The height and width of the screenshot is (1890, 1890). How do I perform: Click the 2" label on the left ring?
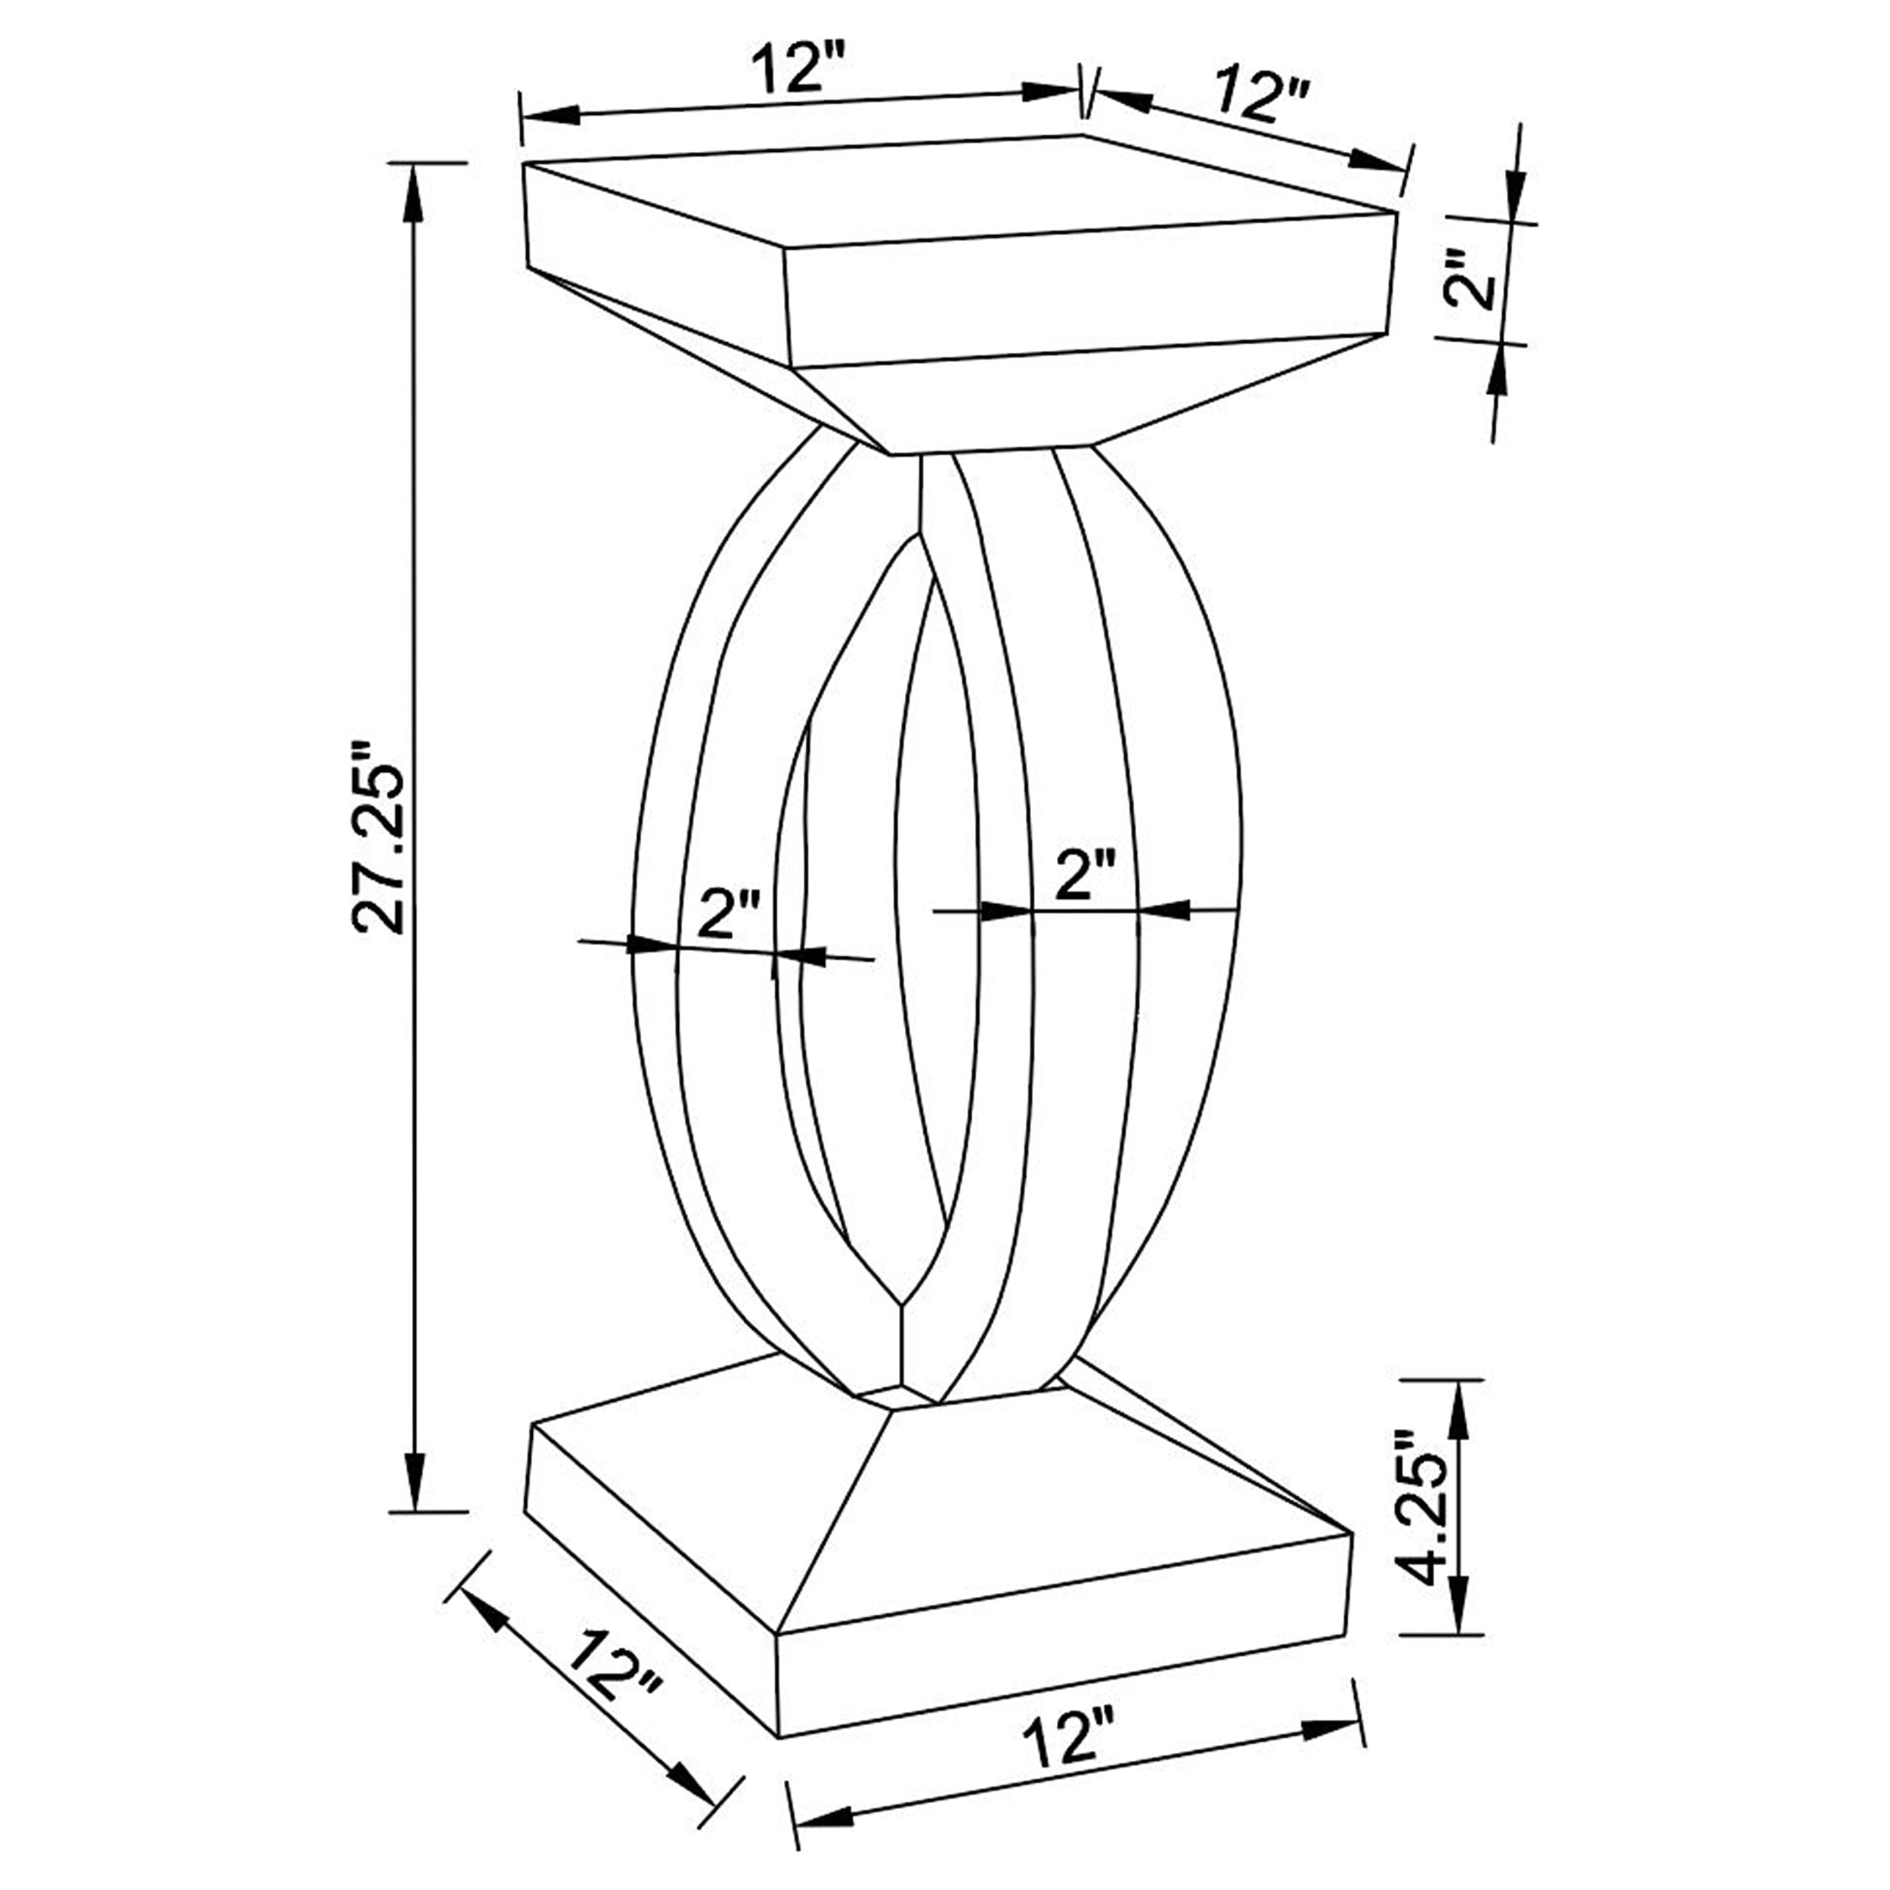tap(730, 915)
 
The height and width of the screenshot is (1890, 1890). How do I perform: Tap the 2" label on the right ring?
tap(1085, 874)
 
